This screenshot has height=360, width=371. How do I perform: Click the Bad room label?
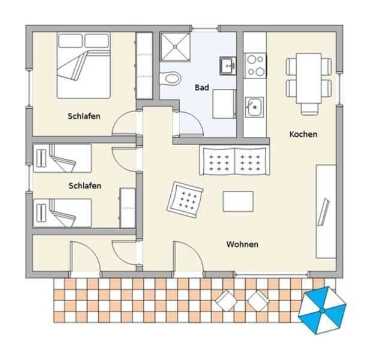[202, 88]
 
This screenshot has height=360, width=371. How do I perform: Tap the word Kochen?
[303, 134]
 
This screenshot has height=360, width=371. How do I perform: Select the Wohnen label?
[242, 244]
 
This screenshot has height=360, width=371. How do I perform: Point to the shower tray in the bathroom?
[176, 47]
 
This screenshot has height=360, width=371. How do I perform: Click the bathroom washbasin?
[228, 65]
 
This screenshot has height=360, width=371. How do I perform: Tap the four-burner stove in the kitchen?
[255, 65]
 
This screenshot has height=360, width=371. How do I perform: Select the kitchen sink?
[254, 107]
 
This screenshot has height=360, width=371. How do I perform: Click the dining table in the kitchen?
[309, 79]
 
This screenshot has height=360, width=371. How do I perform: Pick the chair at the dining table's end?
[309, 109]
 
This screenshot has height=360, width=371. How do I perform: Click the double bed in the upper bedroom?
[84, 65]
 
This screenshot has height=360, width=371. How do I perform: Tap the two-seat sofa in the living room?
[234, 160]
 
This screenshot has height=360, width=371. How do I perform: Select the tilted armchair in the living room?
[185, 200]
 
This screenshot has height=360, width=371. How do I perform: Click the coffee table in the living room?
[238, 202]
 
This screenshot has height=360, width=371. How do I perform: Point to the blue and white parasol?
[322, 310]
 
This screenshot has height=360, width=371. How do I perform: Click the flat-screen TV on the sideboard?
[323, 212]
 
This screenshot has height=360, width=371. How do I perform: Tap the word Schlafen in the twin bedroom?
[85, 186]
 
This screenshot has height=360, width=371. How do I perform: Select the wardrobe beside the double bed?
[144, 65]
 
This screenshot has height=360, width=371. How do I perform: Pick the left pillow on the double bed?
[71, 41]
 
